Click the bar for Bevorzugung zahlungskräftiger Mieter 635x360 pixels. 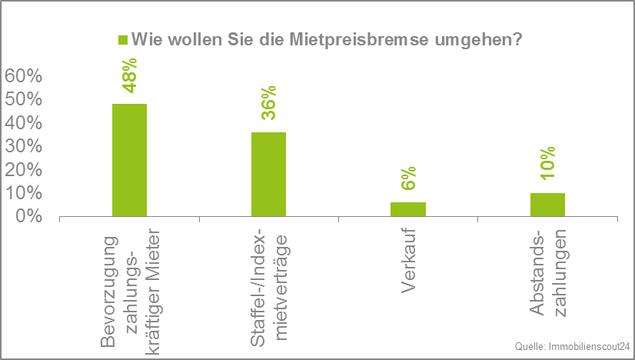pos(129,160)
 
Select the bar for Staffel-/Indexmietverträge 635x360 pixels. pos(268,175)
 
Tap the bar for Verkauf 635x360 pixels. pos(407,209)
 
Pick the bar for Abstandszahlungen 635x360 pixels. pos(547,205)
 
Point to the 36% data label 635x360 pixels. pos(268,104)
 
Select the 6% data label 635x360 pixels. pos(407,178)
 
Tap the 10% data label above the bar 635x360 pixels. pos(547,163)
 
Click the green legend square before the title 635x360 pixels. pos(121,40)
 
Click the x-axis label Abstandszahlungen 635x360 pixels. pos(547,273)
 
